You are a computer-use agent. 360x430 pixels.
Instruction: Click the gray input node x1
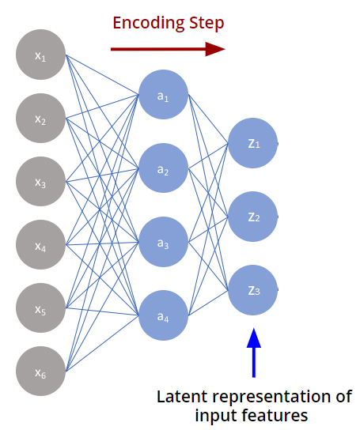click(40, 55)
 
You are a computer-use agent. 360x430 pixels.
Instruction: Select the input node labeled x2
click(40, 118)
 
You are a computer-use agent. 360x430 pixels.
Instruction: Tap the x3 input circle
click(40, 181)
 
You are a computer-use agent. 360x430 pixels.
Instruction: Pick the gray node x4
click(40, 244)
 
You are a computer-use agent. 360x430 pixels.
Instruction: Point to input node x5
click(40, 308)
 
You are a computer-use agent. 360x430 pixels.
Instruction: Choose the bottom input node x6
click(40, 371)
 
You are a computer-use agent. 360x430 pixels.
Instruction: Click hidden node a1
click(164, 94)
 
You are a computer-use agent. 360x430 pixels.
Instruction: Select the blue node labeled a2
click(164, 168)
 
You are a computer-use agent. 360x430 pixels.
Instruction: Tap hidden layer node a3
click(164, 242)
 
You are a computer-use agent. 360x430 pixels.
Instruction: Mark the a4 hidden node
click(164, 315)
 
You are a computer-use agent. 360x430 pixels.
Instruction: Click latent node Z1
click(253, 143)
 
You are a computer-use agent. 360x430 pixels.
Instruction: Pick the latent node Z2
click(253, 217)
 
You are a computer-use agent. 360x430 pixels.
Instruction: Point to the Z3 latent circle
click(253, 290)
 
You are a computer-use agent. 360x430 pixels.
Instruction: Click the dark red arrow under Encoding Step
click(168, 49)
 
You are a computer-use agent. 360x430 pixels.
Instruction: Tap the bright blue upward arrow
click(254, 353)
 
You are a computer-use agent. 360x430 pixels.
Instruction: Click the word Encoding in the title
click(149, 24)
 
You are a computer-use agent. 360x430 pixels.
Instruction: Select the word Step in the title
click(207, 24)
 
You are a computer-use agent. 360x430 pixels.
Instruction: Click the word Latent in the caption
click(182, 397)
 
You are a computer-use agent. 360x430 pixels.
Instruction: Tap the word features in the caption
click(275, 415)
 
